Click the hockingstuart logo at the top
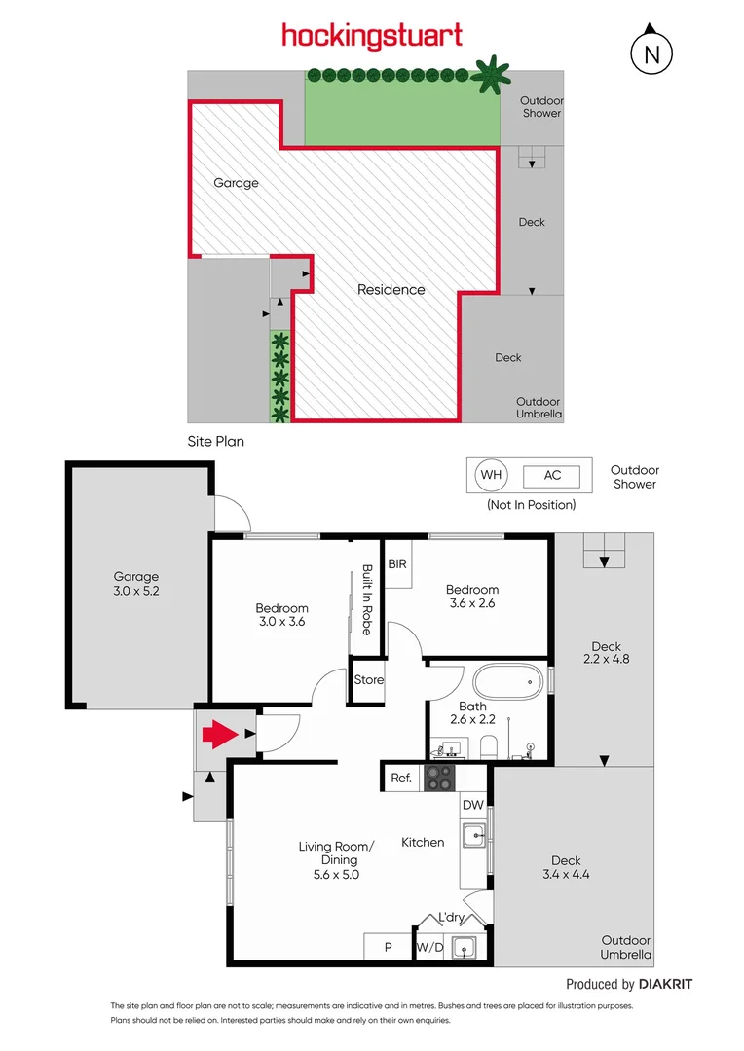click(x=371, y=37)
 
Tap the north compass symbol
click(x=651, y=54)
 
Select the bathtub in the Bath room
click(x=505, y=681)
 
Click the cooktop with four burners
click(x=439, y=778)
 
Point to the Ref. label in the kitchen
click(x=400, y=778)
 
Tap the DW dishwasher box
click(x=472, y=805)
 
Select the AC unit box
click(x=552, y=476)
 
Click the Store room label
click(x=368, y=680)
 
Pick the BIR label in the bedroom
click(x=397, y=563)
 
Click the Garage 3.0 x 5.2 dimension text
click(x=135, y=591)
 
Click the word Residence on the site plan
click(x=391, y=289)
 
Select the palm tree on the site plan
click(x=491, y=74)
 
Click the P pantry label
click(x=388, y=946)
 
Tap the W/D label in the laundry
click(x=428, y=946)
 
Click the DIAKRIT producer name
click(x=666, y=984)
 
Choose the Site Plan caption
click(x=215, y=441)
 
